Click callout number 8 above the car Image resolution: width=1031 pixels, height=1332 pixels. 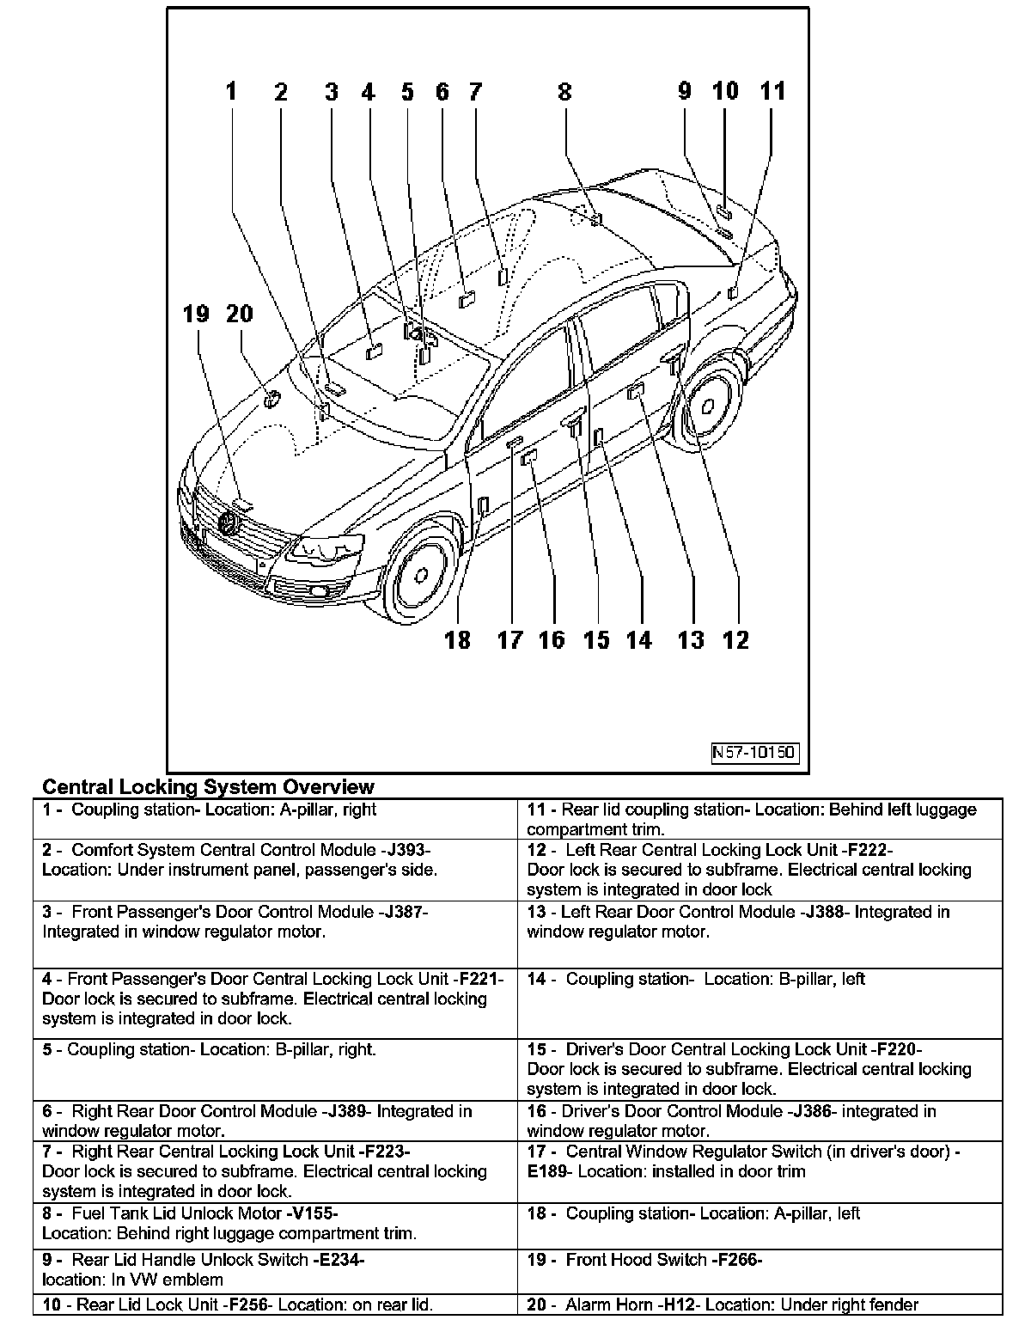click(564, 92)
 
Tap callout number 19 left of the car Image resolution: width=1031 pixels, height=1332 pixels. click(196, 314)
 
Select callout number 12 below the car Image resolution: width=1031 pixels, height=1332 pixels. click(736, 640)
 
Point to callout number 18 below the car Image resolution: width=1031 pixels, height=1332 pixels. click(457, 640)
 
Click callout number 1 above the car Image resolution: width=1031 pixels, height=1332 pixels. click(230, 92)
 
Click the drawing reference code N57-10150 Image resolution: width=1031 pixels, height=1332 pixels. click(755, 754)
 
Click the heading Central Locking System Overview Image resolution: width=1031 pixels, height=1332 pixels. click(208, 786)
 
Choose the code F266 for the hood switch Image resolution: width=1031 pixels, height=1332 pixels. click(737, 1261)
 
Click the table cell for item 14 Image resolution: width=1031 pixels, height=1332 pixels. click(760, 1002)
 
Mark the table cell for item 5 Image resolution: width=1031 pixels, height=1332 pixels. click(275, 1069)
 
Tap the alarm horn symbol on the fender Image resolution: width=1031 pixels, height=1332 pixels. click(271, 398)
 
